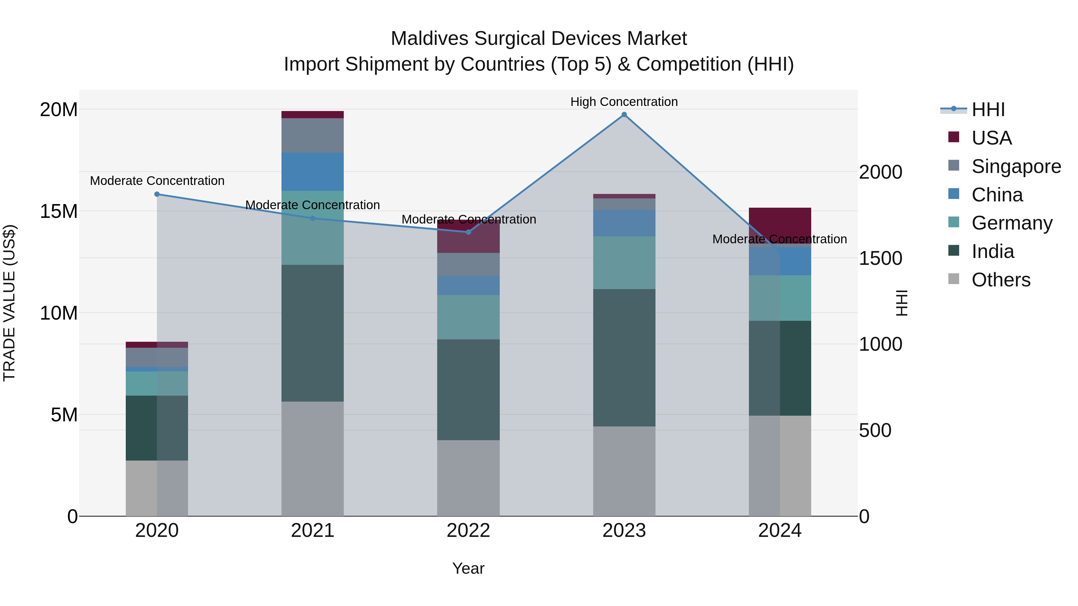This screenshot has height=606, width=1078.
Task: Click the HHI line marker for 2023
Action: click(624, 115)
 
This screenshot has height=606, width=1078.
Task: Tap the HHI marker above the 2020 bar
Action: click(157, 194)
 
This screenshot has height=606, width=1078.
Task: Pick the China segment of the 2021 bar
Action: click(313, 171)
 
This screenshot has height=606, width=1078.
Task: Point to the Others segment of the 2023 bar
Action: click(624, 471)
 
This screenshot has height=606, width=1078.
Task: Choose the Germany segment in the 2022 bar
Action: click(468, 317)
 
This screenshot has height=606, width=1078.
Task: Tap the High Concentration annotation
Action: click(624, 102)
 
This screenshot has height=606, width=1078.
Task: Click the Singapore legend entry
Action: click(1016, 166)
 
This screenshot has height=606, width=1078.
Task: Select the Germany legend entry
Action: click(1012, 223)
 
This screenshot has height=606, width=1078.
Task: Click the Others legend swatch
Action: click(954, 279)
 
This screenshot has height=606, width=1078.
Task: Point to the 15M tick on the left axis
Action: click(59, 211)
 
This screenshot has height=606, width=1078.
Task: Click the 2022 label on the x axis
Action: click(468, 531)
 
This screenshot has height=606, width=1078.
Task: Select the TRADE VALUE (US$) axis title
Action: click(9, 303)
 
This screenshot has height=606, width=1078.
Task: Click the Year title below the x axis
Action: click(468, 568)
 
